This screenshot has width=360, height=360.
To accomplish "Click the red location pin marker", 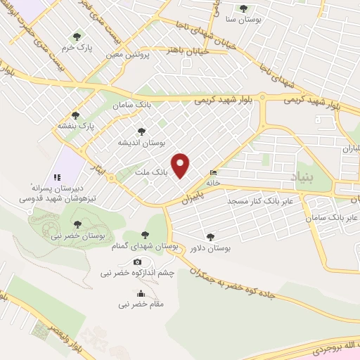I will (181, 165).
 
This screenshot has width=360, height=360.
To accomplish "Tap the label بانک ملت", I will (149, 170).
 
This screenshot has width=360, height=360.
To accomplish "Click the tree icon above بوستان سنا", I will (243, 8).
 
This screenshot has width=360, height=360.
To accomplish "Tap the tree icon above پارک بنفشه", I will (75, 115).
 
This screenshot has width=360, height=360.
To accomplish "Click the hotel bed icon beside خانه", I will (213, 173).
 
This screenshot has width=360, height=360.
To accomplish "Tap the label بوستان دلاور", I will (210, 248).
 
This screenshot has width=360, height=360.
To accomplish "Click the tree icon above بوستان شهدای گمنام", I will (145, 235).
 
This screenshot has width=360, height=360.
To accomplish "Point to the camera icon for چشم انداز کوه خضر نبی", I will (137, 262).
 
